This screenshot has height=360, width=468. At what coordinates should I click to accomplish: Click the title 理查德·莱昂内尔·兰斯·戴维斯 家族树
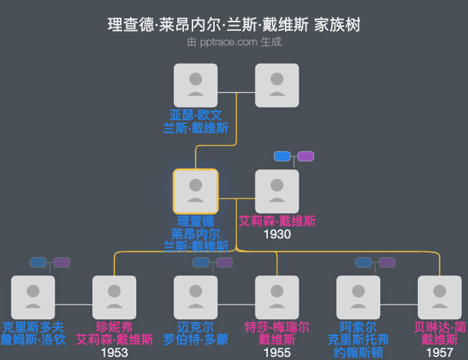(234, 25)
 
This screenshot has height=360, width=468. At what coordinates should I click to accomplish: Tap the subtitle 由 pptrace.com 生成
(234, 42)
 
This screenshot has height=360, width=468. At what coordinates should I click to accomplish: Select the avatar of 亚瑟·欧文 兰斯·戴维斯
(196, 85)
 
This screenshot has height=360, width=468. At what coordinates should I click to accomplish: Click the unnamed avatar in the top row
(277, 85)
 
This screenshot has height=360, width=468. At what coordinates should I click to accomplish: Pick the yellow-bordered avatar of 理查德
(196, 191)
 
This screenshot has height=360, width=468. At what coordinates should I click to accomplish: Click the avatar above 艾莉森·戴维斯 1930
(277, 191)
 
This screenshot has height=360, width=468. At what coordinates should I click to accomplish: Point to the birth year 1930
(277, 234)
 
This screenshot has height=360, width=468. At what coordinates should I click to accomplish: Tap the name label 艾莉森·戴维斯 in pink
(277, 221)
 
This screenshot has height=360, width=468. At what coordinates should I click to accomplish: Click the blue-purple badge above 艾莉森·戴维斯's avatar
(294, 156)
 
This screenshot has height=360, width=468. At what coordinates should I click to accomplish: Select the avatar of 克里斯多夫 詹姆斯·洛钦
(33, 297)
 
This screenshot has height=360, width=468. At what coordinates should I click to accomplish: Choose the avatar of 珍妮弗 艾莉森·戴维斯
(114, 297)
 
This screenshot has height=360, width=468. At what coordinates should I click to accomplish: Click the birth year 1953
(114, 353)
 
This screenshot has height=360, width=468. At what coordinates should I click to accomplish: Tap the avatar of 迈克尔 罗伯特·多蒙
(196, 297)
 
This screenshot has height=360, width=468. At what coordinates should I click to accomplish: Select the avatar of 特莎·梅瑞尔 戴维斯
(277, 297)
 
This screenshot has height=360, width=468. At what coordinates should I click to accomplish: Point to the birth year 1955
(277, 353)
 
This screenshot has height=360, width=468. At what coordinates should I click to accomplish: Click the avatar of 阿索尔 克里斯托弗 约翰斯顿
(359, 297)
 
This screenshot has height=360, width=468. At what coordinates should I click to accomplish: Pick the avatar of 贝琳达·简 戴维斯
(440, 297)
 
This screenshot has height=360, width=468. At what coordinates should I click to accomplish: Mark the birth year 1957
(440, 353)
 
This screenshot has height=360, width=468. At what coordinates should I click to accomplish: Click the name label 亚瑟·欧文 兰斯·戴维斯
(196, 121)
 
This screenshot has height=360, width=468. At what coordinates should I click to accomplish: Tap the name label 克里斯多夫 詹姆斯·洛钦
(33, 333)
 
